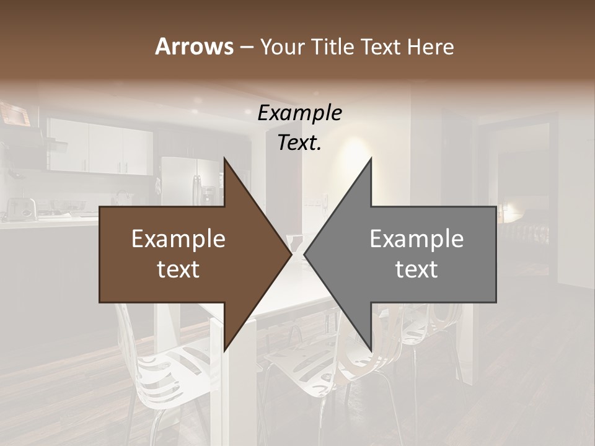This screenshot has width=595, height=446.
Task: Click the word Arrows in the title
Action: [x=194, y=46]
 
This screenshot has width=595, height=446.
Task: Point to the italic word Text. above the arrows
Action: [x=299, y=143]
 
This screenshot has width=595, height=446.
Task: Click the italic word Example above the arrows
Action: [x=299, y=113]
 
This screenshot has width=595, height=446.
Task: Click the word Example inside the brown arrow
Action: [x=178, y=239]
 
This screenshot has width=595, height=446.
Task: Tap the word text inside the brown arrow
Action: [x=178, y=269]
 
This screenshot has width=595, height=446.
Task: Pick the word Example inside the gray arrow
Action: [x=416, y=239]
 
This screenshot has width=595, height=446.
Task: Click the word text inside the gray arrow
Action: [x=416, y=269]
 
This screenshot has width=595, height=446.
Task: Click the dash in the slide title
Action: [x=246, y=47]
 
